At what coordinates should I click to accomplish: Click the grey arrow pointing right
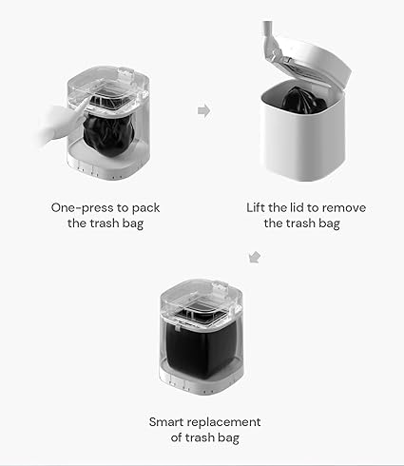coord(203,111)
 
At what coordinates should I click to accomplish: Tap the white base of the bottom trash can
coord(202,387)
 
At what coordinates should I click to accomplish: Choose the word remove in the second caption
coord(339,206)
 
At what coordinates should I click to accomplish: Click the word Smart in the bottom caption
coord(168,421)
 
